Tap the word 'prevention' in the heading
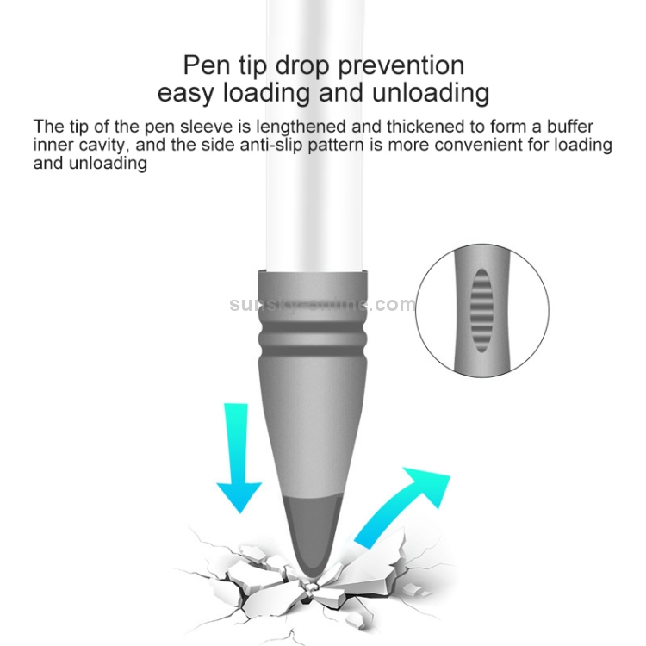click(401, 66)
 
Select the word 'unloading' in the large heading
click(431, 93)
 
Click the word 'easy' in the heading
click(186, 95)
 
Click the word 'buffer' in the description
click(570, 126)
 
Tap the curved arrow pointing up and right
click(401, 507)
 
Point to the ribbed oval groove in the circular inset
click(481, 311)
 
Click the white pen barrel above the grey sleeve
click(316, 136)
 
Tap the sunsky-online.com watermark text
click(323, 304)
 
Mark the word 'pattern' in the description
click(336, 146)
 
